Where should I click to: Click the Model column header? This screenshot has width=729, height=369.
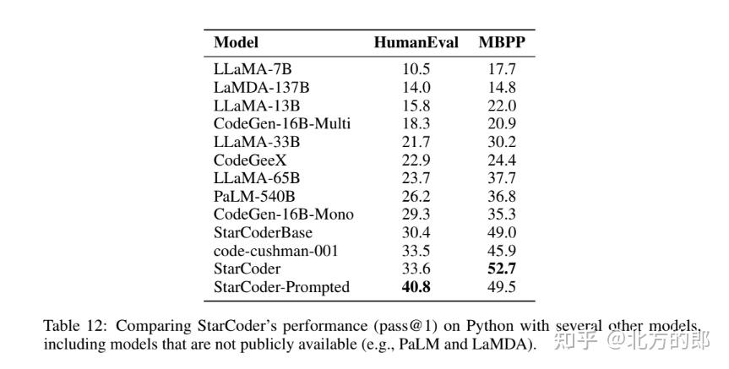tap(236, 42)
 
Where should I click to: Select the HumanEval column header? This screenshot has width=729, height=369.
tap(416, 42)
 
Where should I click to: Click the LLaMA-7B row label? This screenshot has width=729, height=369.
tap(253, 69)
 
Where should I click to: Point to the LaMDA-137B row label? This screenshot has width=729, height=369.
tap(263, 87)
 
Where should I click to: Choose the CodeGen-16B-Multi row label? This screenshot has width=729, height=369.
tap(282, 123)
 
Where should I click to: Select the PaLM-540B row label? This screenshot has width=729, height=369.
tap(254, 196)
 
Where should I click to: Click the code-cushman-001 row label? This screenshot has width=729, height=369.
tap(275, 251)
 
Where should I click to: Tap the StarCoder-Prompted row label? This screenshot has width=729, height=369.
tap(281, 287)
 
